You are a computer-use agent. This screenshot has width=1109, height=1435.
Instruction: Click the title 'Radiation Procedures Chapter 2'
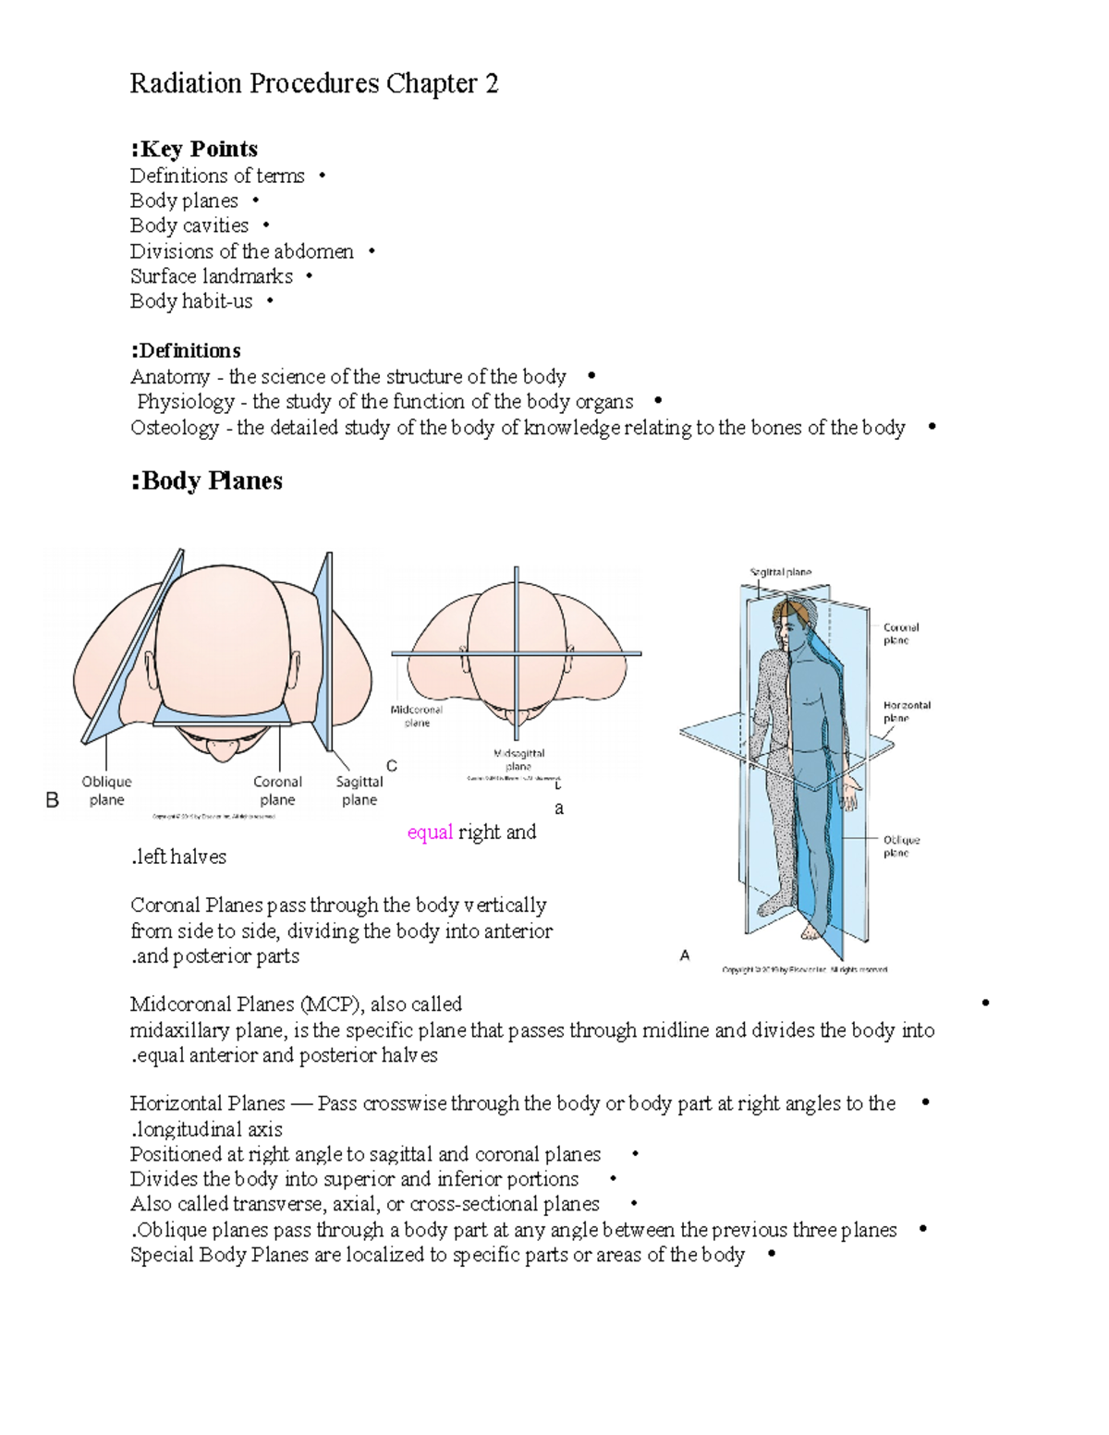pyautogui.click(x=313, y=84)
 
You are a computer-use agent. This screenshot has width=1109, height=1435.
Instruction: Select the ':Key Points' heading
pyautogui.click(x=194, y=149)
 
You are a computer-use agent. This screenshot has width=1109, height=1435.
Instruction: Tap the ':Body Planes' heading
pyautogui.click(x=207, y=480)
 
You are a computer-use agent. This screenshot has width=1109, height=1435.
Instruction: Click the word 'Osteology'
pyautogui.click(x=175, y=428)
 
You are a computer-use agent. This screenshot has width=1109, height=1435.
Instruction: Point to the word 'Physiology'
pyautogui.click(x=186, y=402)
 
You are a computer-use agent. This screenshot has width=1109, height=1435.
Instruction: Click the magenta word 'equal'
pyautogui.click(x=430, y=833)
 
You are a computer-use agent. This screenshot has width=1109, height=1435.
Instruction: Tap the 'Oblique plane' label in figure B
pyautogui.click(x=106, y=791)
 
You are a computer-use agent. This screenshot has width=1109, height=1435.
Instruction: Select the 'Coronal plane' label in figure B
pyautogui.click(x=277, y=791)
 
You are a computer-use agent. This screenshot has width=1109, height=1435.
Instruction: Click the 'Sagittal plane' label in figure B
pyautogui.click(x=360, y=791)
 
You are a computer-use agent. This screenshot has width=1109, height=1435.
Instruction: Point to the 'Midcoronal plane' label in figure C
pyautogui.click(x=417, y=716)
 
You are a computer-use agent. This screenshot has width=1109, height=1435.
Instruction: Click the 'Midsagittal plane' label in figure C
pyautogui.click(x=518, y=760)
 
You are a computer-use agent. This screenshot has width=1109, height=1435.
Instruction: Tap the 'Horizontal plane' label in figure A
pyautogui.click(x=907, y=711)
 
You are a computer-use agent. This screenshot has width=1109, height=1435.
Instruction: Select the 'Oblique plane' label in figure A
pyautogui.click(x=901, y=846)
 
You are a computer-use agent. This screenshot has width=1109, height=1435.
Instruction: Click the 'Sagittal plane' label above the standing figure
pyautogui.click(x=780, y=572)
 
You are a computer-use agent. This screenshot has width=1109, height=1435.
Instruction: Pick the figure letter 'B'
pyautogui.click(x=53, y=800)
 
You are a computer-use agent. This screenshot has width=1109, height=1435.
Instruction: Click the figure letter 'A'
pyautogui.click(x=685, y=955)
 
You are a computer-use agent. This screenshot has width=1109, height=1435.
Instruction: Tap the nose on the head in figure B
pyautogui.click(x=222, y=748)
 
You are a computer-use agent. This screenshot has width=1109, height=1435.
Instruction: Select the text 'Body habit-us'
pyautogui.click(x=191, y=301)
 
